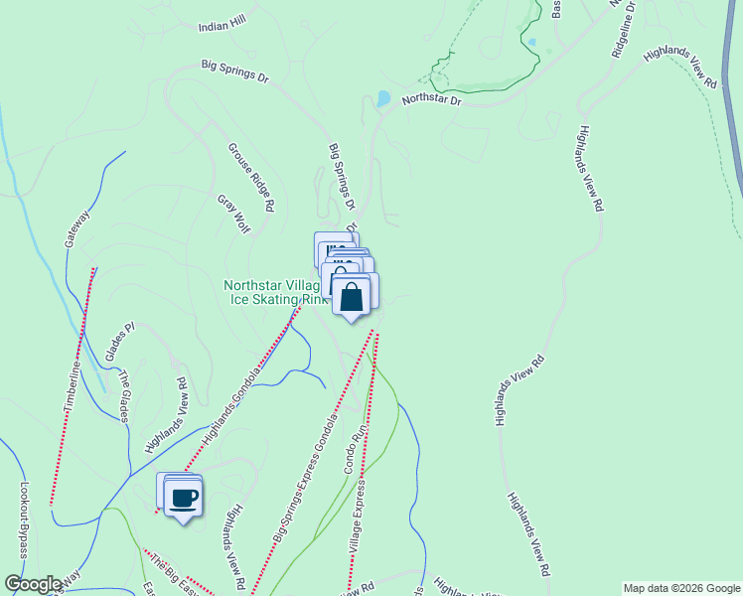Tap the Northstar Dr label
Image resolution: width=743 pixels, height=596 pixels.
tap(432, 100)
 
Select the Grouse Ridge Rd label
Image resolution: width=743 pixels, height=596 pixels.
tap(250, 178)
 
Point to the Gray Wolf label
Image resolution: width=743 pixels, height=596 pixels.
tap(233, 214)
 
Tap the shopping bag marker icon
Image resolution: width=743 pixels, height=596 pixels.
tap(351, 297)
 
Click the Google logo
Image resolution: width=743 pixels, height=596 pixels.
tap(32, 584)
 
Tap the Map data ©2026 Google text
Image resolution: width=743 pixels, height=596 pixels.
tap(680, 588)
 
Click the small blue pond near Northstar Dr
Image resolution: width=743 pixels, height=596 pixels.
tap(383, 98)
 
